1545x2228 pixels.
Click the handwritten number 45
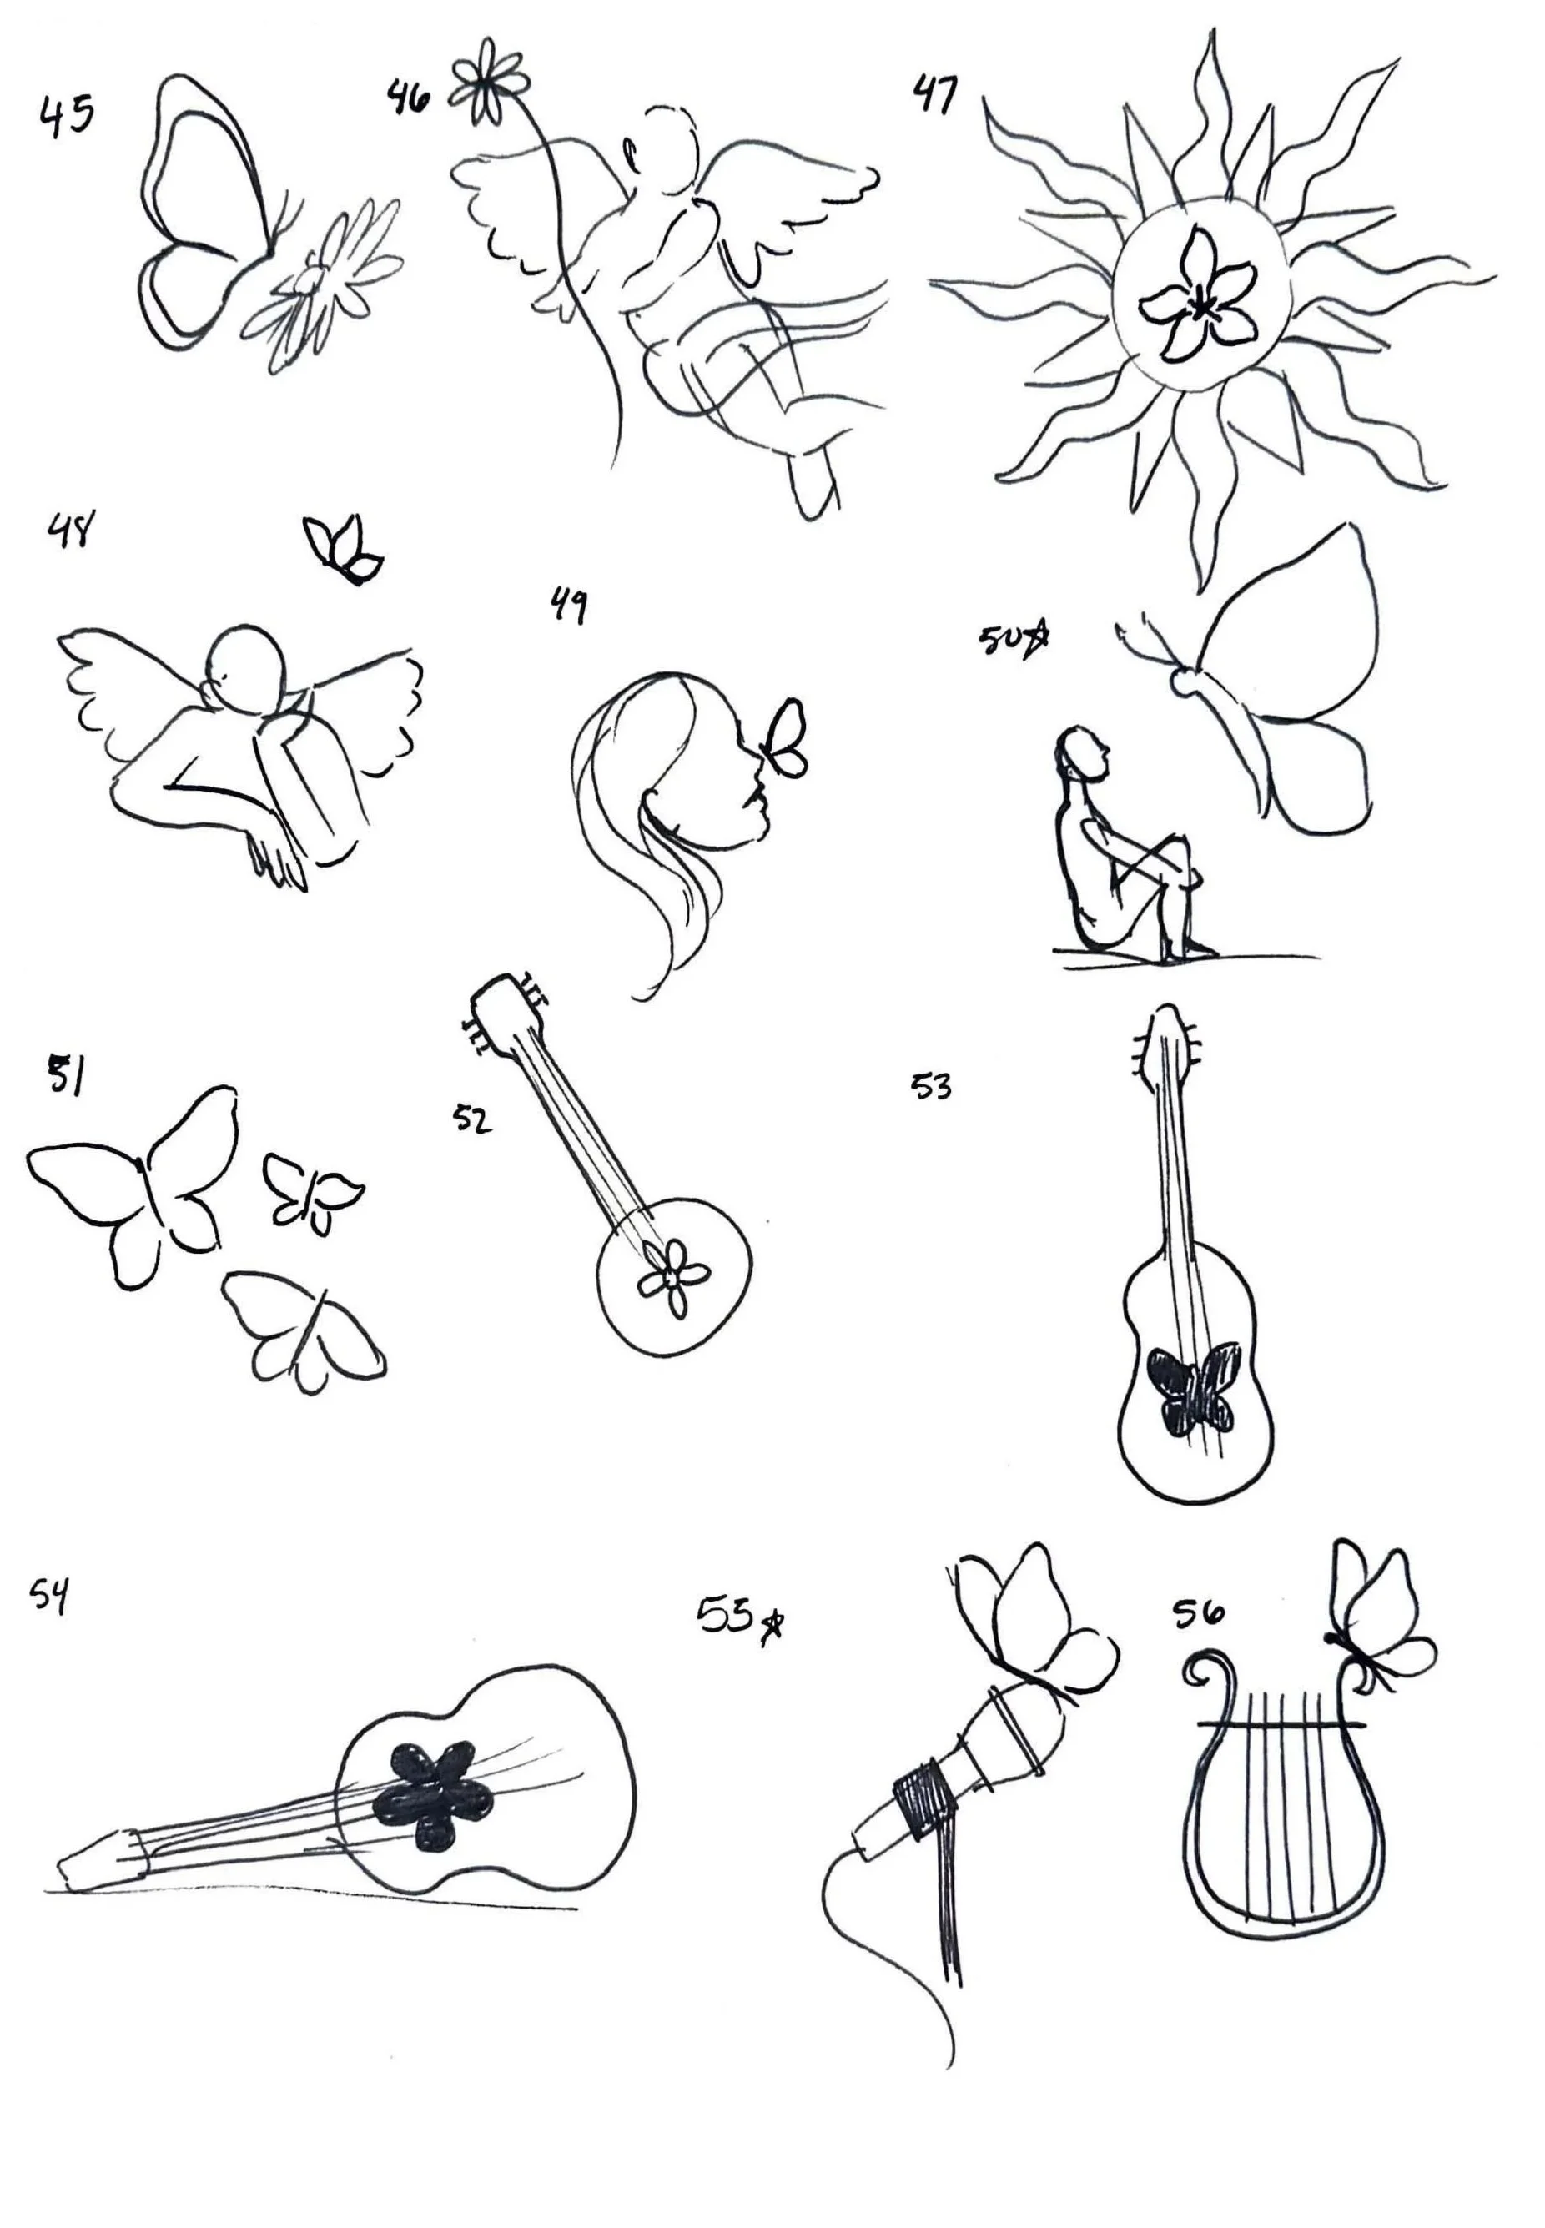click(67, 116)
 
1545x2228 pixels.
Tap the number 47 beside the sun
click(935, 95)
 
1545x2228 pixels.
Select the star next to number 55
click(772, 1628)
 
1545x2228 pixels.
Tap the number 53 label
click(931, 1088)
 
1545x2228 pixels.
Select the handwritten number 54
click(49, 1595)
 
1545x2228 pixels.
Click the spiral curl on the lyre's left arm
click(1207, 1670)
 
